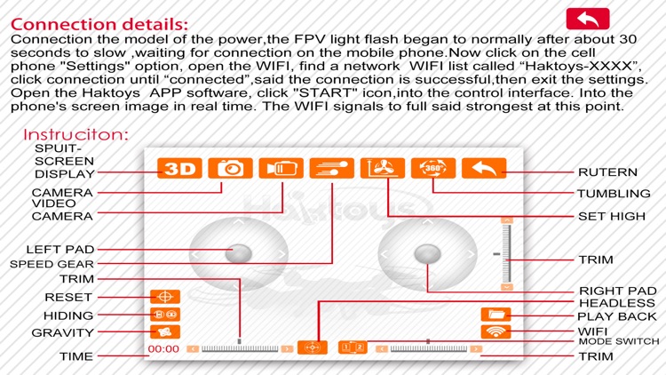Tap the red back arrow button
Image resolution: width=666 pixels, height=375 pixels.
[587, 19]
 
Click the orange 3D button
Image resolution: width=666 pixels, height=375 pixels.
[179, 169]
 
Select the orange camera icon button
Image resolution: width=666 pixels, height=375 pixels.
[230, 169]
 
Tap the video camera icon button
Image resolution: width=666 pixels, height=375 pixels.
[281, 169]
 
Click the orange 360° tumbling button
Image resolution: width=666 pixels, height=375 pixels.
[433, 169]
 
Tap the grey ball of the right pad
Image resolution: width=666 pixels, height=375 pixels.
[428, 254]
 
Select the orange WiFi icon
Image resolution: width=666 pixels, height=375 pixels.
[496, 332]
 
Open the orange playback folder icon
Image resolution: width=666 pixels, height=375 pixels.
[496, 315]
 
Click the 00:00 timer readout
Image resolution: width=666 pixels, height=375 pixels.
[163, 349]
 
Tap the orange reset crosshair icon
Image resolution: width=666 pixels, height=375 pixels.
[164, 297]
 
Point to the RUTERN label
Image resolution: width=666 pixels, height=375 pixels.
[607, 172]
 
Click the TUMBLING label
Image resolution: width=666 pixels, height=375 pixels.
[614, 194]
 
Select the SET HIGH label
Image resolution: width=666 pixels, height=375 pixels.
[610, 216]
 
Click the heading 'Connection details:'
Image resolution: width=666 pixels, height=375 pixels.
[99, 23]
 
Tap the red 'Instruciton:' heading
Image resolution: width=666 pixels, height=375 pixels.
[76, 135]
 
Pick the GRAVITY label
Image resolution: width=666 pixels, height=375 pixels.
[63, 332]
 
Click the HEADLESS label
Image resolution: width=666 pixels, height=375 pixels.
[617, 303]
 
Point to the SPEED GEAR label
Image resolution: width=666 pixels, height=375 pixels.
[52, 264]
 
